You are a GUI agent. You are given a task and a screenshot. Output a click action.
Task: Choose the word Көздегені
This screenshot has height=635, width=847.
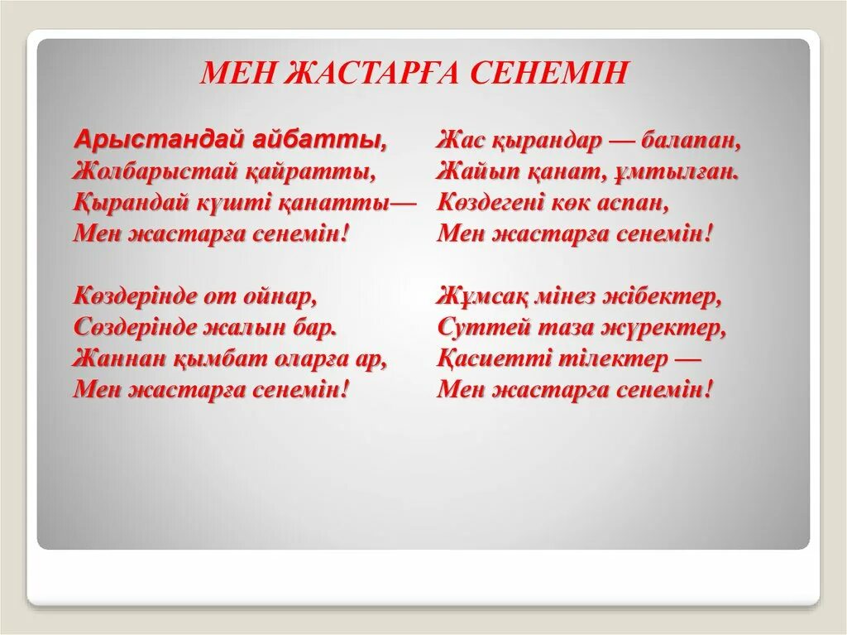501,203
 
